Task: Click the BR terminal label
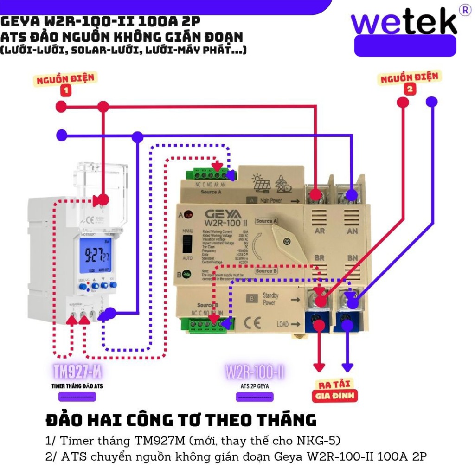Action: [319, 257]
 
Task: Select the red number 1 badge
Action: [66, 91]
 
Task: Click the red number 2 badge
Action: [410, 89]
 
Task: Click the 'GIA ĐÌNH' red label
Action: [334, 396]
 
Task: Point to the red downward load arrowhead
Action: [319, 366]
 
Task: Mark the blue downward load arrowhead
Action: [347, 366]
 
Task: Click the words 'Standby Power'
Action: [270, 299]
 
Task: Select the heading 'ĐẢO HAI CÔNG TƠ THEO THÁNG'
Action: [181, 420]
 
